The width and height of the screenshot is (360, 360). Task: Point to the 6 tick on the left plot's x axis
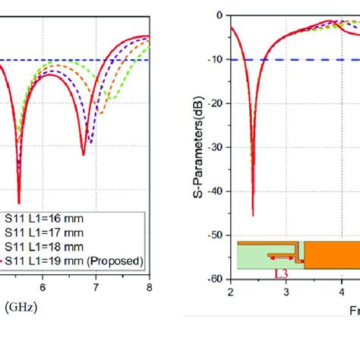[43, 288]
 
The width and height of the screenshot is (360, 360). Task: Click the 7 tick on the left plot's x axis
[96, 288]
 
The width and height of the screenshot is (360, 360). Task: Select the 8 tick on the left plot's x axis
[149, 288]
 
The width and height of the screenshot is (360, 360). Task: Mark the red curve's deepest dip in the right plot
[253, 215]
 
